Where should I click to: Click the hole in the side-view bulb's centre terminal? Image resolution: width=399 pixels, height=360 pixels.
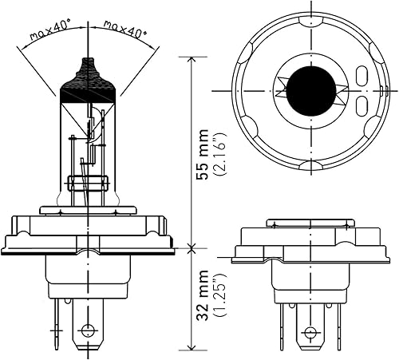point(89,328)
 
